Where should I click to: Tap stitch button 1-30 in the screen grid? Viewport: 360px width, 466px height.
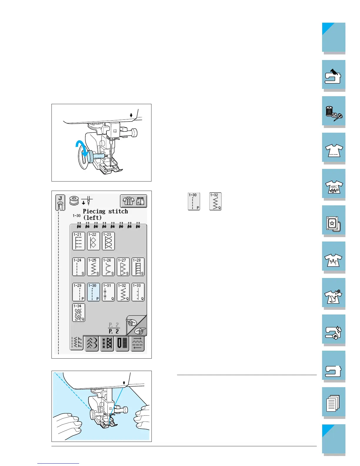click(x=94, y=292)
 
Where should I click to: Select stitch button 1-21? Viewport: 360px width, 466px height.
click(x=79, y=241)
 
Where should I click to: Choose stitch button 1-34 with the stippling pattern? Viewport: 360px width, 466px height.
click(x=79, y=312)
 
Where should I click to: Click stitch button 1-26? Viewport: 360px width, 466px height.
click(x=108, y=267)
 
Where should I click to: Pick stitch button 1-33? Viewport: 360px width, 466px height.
click(x=138, y=292)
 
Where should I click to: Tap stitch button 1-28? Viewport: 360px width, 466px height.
click(x=138, y=267)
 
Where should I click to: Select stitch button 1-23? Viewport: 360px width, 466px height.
click(x=108, y=241)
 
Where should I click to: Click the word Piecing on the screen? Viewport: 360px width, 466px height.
click(x=94, y=211)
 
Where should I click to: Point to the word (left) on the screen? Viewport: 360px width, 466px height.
click(x=92, y=218)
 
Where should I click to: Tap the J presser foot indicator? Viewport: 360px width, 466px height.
click(x=60, y=202)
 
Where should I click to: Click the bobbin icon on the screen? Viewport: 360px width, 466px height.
click(x=74, y=201)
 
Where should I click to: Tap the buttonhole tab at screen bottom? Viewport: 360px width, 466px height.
click(x=122, y=343)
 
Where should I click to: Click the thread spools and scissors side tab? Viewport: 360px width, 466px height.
click(x=334, y=112)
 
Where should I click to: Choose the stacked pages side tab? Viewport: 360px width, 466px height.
click(x=334, y=402)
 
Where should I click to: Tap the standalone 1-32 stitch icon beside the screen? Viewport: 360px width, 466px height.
click(x=215, y=201)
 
